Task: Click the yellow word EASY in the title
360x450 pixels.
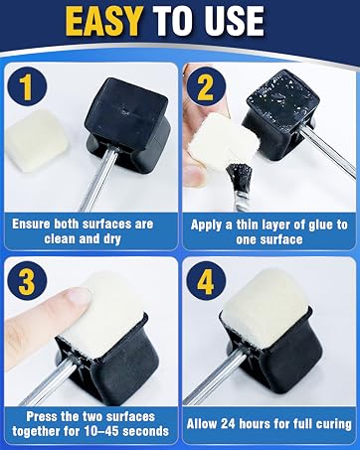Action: [x=103, y=21]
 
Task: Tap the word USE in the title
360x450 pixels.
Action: [x=231, y=21]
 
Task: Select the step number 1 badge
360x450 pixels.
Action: [x=27, y=86]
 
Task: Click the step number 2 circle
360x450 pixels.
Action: [x=206, y=86]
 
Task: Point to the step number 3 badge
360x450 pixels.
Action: [x=27, y=281]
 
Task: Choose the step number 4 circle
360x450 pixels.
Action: [x=206, y=281]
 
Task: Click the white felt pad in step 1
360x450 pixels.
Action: [x=37, y=141]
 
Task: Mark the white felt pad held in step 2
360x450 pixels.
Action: [x=223, y=143]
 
